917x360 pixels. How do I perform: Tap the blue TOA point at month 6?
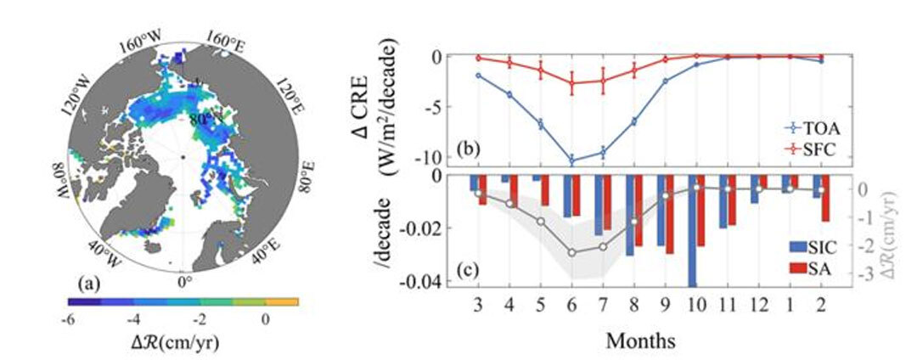coord(571,160)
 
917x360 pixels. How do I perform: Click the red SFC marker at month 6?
coord(571,82)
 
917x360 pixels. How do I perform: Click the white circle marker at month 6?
coord(571,253)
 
